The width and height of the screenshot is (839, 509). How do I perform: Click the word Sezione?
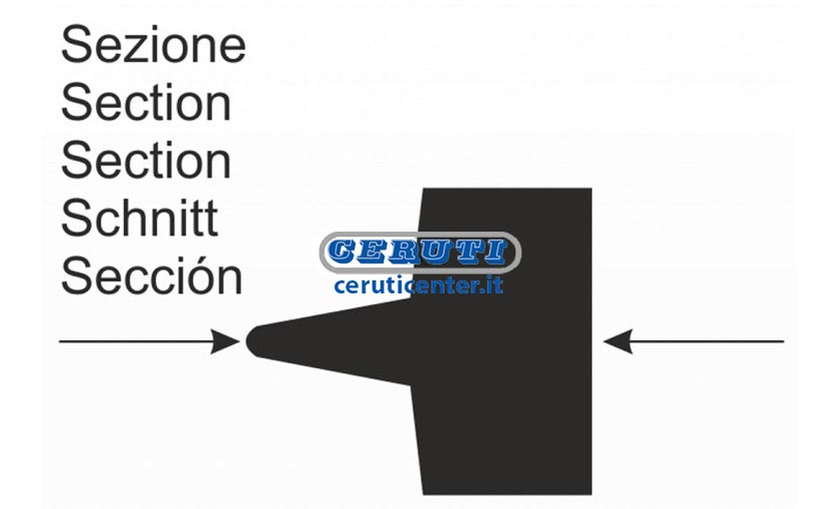154,44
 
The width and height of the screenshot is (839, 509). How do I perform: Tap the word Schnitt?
140,218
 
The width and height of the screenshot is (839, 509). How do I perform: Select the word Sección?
152,274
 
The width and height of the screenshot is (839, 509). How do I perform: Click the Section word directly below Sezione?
146,102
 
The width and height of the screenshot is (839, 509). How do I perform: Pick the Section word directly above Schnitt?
146,160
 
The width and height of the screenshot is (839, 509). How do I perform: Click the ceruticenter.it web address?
419,285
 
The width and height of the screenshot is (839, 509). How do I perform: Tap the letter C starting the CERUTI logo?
342,252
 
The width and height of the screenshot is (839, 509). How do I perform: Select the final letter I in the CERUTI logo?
496,252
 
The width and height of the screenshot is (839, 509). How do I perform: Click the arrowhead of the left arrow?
226,341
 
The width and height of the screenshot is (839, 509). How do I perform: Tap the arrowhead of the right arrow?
618,341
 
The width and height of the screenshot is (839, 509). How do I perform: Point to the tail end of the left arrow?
59,341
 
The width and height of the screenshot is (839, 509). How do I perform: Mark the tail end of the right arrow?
784,341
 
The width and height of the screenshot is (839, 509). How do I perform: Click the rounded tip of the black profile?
248,341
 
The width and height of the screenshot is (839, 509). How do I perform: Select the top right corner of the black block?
591,189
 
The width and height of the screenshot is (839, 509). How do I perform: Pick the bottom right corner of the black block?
591,494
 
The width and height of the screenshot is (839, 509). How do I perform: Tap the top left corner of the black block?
422,189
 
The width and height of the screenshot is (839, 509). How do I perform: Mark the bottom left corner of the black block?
422,494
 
